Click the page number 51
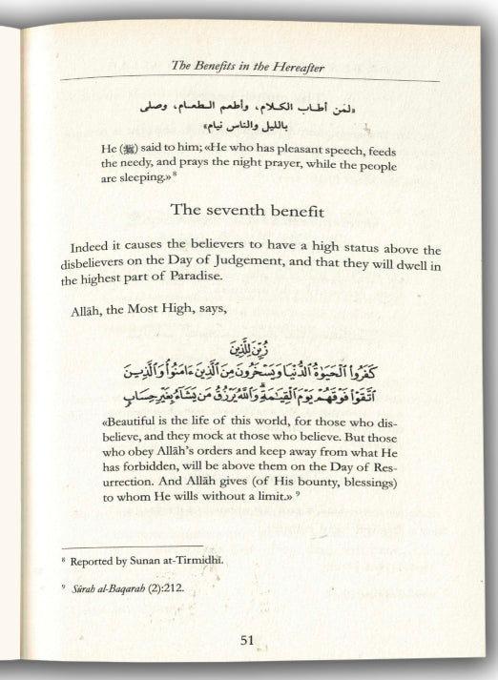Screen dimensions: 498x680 click(x=246, y=640)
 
